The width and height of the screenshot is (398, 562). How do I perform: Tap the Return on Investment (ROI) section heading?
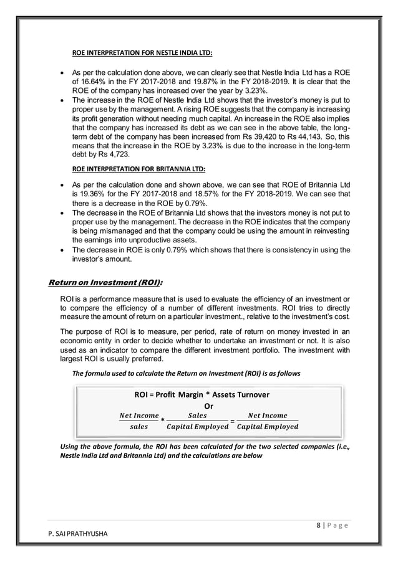(106, 283)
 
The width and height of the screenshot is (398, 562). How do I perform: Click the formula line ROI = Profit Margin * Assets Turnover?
(205, 394)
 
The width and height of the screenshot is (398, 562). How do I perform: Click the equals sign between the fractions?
(232, 421)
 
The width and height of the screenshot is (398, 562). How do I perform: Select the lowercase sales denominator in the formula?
(138, 427)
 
